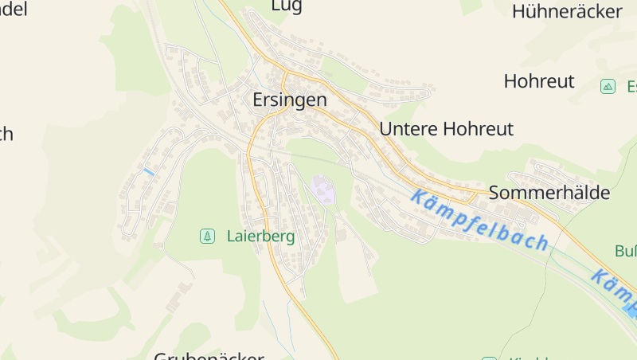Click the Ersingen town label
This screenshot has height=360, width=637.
(290, 100)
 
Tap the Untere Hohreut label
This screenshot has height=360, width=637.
(447, 129)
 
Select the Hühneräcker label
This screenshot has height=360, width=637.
(567, 11)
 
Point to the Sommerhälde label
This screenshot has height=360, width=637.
(549, 193)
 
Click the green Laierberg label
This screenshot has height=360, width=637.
(260, 237)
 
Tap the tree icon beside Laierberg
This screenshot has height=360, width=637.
(207, 236)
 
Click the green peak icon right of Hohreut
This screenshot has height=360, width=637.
(608, 86)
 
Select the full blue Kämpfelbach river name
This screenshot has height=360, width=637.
(480, 220)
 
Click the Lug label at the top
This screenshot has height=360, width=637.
(287, 6)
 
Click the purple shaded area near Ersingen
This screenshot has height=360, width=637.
(322, 190)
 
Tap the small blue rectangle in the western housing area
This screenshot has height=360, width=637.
(148, 171)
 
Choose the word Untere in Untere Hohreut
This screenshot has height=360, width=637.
(404, 129)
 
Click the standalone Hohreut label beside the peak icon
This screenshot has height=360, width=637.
(539, 81)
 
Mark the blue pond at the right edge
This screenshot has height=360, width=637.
(631, 311)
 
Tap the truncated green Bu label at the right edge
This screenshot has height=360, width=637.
(625, 252)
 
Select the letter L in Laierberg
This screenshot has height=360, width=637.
(231, 237)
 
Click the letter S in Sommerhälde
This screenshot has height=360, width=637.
(494, 193)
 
